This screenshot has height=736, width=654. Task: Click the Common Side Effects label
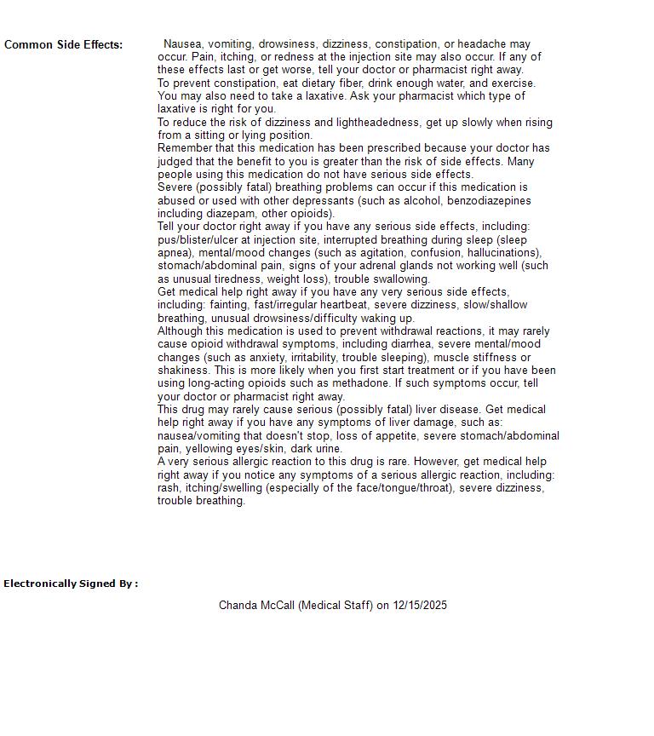(x=64, y=44)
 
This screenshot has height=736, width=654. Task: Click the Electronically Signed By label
(x=71, y=584)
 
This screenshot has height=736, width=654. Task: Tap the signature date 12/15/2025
(x=420, y=606)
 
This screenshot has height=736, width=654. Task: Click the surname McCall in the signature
(x=278, y=606)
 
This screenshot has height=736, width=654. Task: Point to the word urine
(x=325, y=449)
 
